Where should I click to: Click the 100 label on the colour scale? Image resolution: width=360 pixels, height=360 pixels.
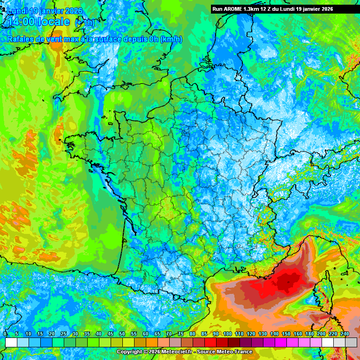coord(227,334)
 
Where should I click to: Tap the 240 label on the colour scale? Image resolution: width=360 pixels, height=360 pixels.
coord(345,334)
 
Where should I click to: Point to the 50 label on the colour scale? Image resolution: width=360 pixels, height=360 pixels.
coord(122,334)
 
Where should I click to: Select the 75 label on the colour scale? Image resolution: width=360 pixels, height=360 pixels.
coord(180,334)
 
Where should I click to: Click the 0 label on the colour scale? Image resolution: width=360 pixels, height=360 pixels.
coord(5,334)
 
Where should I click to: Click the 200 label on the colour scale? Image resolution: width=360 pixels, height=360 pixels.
coord(321,334)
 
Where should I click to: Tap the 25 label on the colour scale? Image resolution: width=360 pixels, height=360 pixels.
coord(63,334)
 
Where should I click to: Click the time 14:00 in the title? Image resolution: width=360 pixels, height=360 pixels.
coord(23,22)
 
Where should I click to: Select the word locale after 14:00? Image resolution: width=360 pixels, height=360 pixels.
coord(56,22)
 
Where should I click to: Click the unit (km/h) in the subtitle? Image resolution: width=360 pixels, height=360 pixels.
coord(171,39)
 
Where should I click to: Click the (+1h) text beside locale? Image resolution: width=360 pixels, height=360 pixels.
coord(85,22)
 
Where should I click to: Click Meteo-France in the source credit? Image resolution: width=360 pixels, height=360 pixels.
coord(236,352)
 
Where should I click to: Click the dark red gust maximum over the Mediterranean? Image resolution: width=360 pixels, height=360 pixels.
coord(287,281)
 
